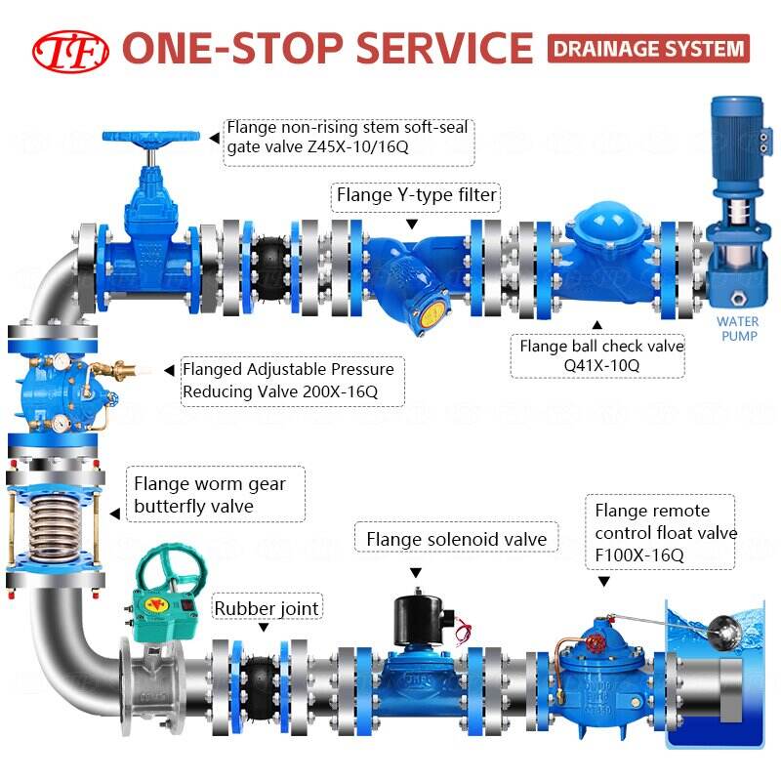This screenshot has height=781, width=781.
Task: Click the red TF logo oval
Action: (71, 48)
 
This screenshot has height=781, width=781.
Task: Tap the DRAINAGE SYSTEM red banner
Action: (648, 48)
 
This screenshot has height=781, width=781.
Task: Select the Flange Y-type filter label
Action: (417, 196)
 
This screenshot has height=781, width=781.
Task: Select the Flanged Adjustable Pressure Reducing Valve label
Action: (288, 382)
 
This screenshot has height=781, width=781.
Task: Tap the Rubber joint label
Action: (267, 608)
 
